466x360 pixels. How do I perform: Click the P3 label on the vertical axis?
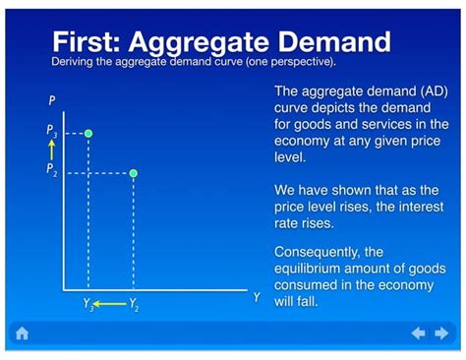[52, 131]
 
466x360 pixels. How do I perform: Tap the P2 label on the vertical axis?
[52, 170]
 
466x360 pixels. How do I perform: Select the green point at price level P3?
[88, 133]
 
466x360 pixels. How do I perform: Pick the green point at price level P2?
[134, 173]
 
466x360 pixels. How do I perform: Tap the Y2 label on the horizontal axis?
[134, 306]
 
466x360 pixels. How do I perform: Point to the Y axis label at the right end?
[257, 297]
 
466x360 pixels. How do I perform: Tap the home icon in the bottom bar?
[22, 334]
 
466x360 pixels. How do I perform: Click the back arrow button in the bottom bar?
[418, 334]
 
